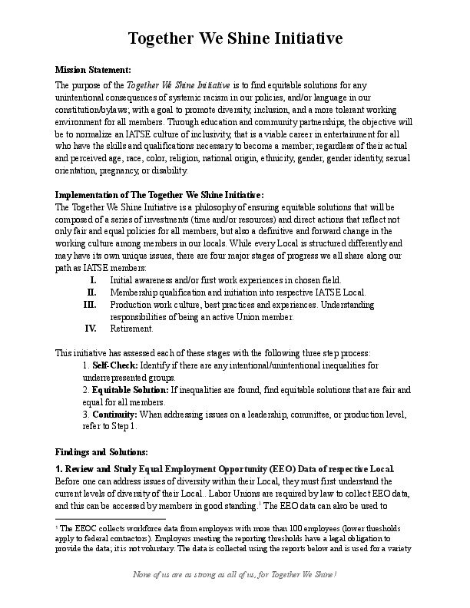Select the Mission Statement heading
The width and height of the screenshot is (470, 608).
click(93, 70)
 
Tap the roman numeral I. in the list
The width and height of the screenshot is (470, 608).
click(93, 279)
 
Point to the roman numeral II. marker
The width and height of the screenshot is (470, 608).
click(91, 292)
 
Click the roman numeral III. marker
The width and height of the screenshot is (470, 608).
click(90, 304)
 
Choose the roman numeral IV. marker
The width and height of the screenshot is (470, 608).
click(90, 329)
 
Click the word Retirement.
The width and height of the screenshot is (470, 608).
click(131, 329)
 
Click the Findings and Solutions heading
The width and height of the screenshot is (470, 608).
click(101, 451)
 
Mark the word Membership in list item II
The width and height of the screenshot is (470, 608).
click(134, 292)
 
